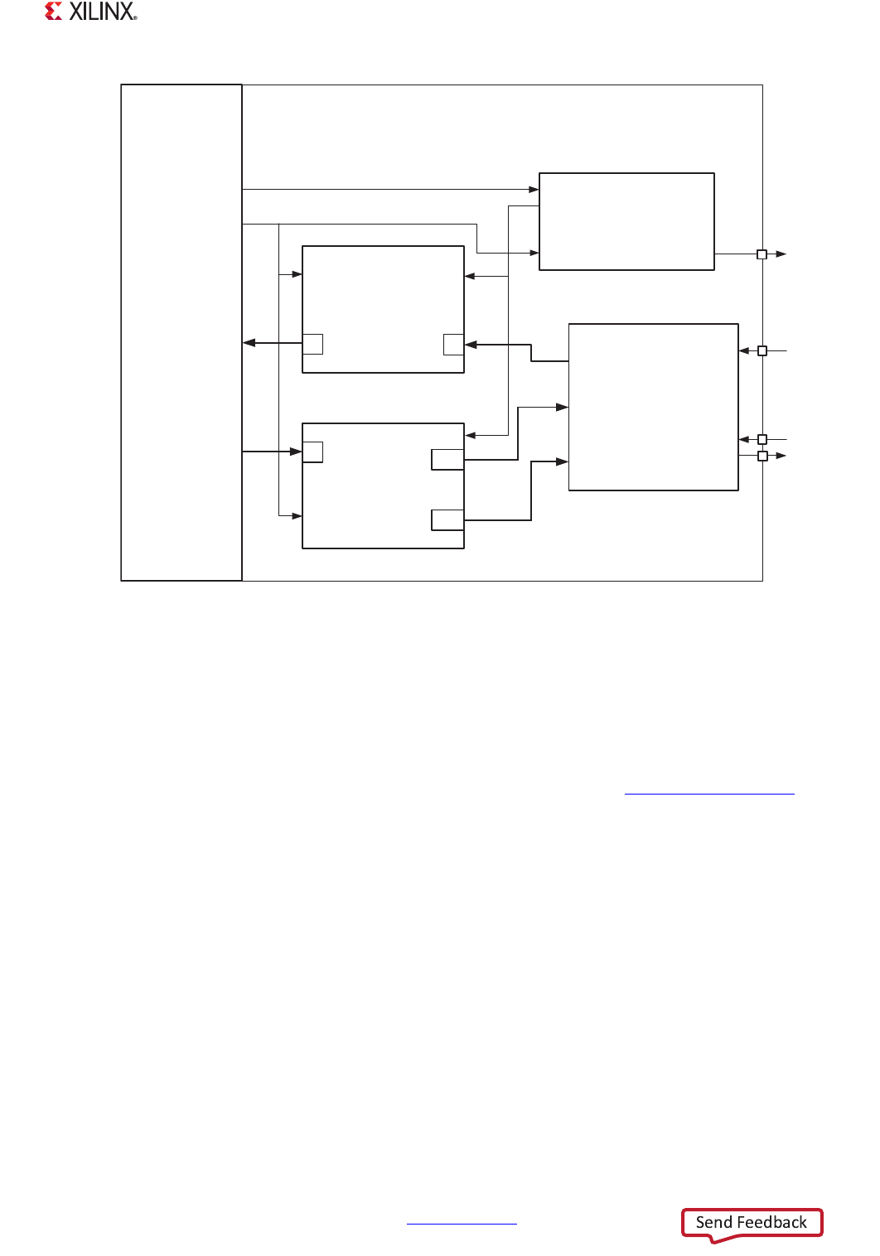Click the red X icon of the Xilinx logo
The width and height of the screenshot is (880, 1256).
pyautogui.click(x=54, y=12)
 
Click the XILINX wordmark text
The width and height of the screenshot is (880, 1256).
pyautogui.click(x=103, y=12)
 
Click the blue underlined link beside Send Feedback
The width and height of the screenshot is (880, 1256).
pyautogui.click(x=462, y=1223)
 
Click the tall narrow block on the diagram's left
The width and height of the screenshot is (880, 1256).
pyautogui.click(x=181, y=332)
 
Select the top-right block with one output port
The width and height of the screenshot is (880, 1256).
pyautogui.click(x=626, y=221)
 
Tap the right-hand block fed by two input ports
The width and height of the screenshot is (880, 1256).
pyautogui.click(x=653, y=407)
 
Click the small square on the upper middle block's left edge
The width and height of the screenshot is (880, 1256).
pyautogui.click(x=313, y=344)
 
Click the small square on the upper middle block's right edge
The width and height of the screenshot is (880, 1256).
pyautogui.click(x=453, y=345)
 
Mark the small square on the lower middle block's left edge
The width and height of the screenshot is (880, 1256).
pyautogui.click(x=313, y=452)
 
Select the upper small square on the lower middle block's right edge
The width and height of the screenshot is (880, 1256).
pyautogui.click(x=447, y=460)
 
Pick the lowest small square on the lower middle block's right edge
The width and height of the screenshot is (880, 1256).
pyautogui.click(x=447, y=519)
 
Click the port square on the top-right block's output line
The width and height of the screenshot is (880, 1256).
pyautogui.click(x=762, y=254)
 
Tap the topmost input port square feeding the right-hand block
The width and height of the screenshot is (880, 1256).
pyautogui.click(x=762, y=351)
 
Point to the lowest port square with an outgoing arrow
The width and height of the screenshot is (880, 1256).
pyautogui.click(x=762, y=456)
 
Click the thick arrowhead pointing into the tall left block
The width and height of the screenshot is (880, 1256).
pyautogui.click(x=249, y=343)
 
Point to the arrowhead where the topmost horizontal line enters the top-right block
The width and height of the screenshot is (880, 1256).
pyautogui.click(x=534, y=190)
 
